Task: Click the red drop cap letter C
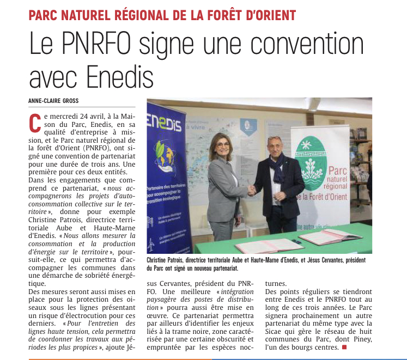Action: (x=35, y=124)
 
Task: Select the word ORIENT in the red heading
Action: (x=270, y=15)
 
